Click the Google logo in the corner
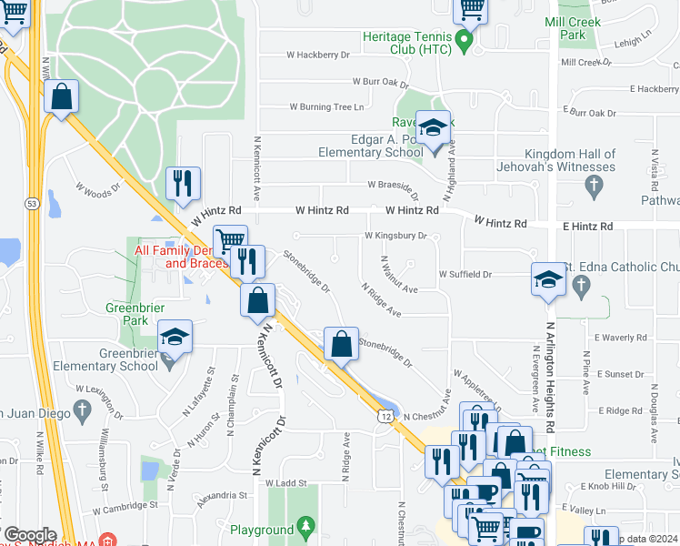(x=29, y=535)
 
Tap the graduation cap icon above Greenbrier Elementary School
(x=175, y=337)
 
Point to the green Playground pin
(x=306, y=525)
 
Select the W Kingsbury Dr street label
(x=395, y=235)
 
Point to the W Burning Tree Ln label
(x=326, y=106)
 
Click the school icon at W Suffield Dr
(x=549, y=280)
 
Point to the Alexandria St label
(x=223, y=496)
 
